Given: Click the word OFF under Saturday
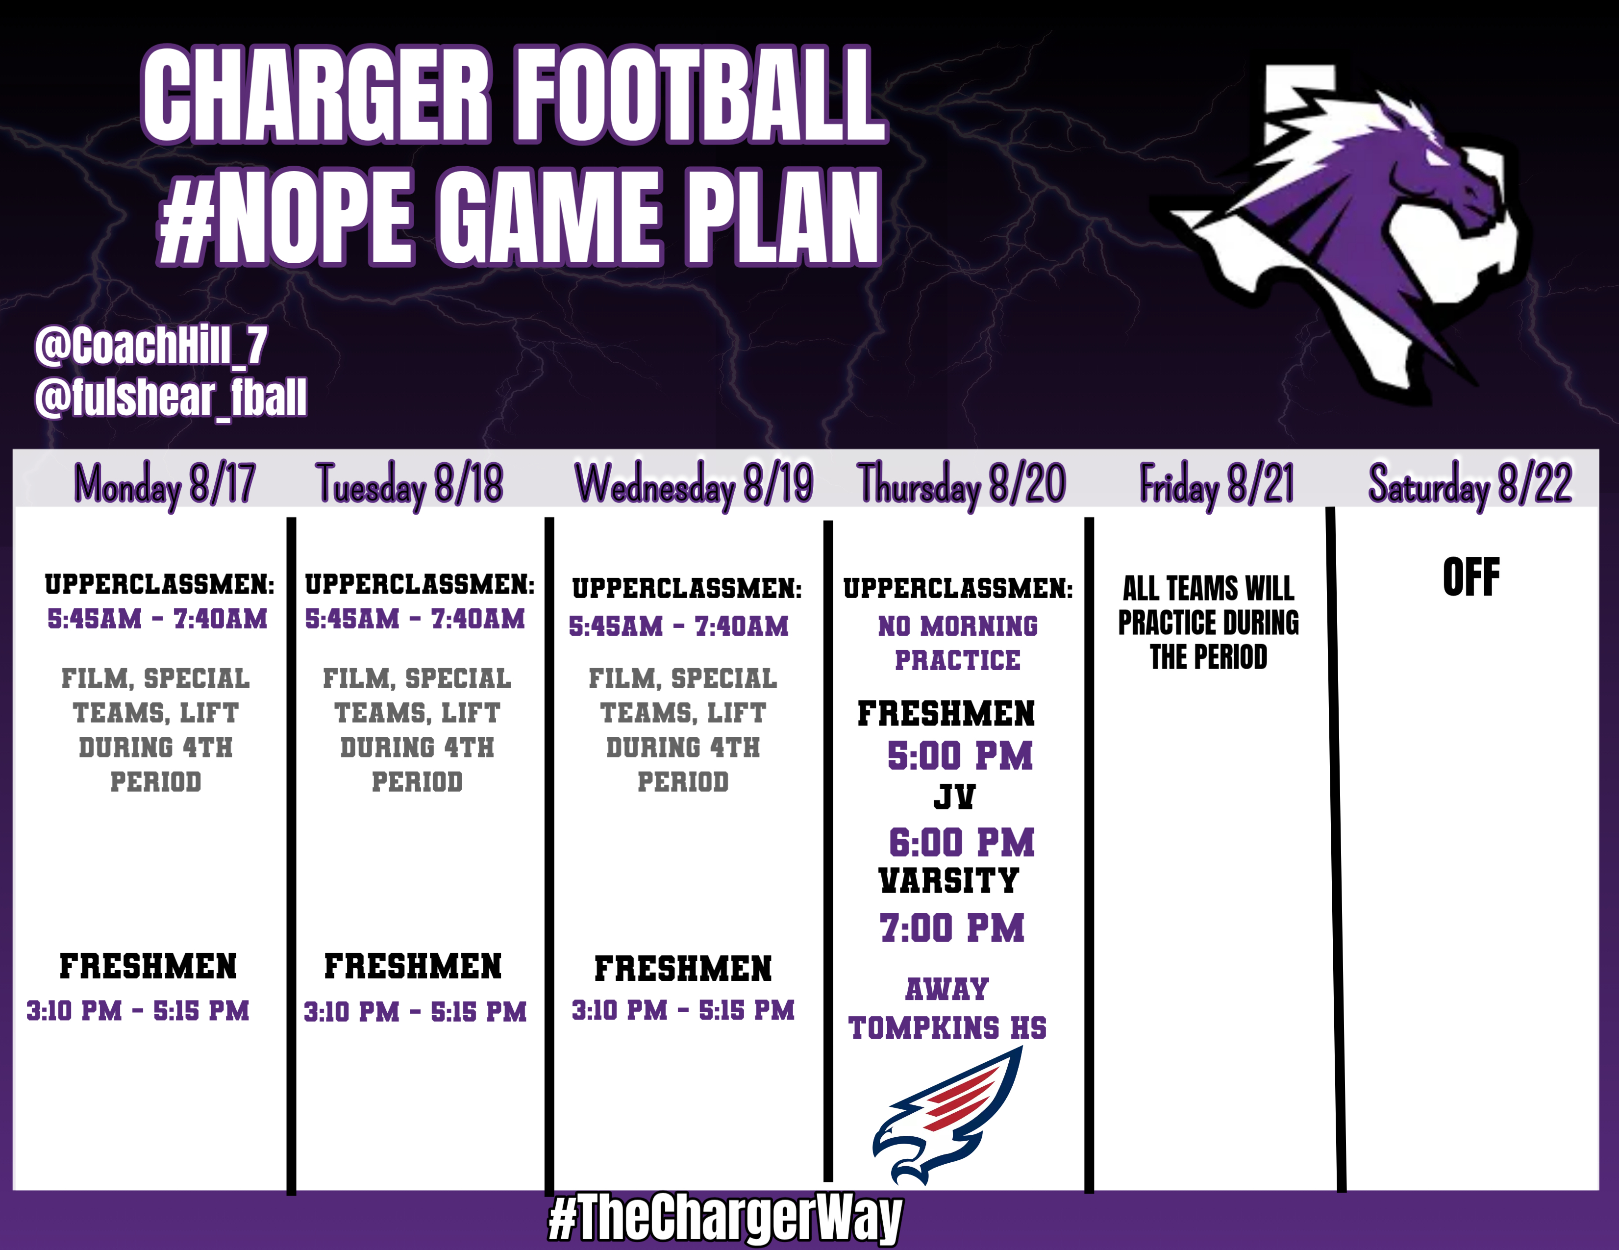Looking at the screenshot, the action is tap(1471, 577).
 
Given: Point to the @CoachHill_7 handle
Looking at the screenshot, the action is tap(150, 346).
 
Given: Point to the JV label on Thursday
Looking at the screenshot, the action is tap(954, 797).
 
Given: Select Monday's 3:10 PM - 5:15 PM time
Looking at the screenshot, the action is tap(138, 1010).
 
